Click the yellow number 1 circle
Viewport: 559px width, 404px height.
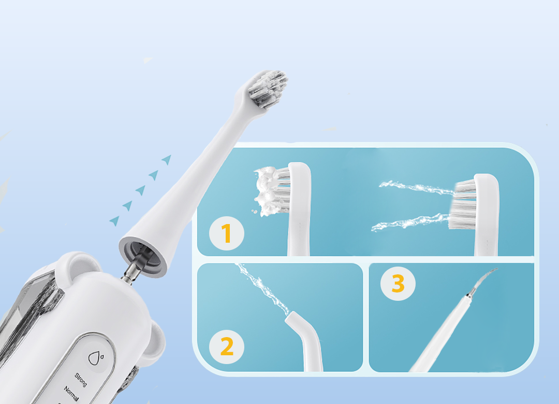point(226,234)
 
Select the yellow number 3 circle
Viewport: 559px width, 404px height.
point(398,284)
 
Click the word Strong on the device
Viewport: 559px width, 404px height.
point(81,380)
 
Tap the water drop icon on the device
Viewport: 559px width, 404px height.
point(96,357)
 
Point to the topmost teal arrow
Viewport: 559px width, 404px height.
point(167,159)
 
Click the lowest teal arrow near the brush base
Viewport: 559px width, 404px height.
point(114,221)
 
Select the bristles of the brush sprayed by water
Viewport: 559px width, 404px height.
point(464,205)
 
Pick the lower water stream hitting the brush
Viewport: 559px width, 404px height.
point(409,224)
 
